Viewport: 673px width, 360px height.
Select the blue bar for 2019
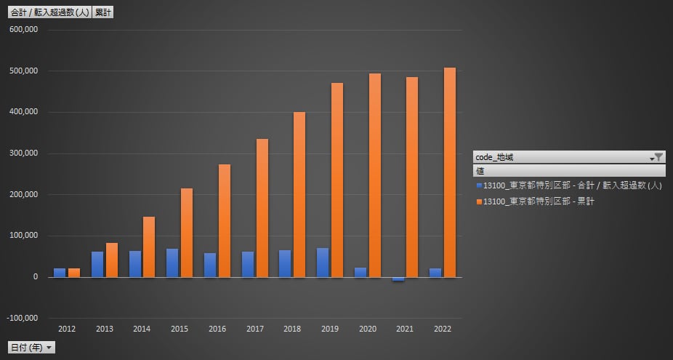[322, 263]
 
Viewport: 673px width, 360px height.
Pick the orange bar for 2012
[74, 273]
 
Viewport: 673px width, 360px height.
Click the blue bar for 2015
[172, 263]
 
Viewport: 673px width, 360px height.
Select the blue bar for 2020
[360, 272]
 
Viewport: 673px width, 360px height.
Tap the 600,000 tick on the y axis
[24, 30]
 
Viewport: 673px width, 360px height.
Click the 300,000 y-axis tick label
[24, 153]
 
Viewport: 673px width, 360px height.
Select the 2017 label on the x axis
[254, 329]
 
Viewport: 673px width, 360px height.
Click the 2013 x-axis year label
[105, 329]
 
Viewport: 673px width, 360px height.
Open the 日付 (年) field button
[31, 348]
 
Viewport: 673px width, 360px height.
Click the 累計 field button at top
[103, 12]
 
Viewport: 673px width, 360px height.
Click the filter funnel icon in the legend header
[658, 156]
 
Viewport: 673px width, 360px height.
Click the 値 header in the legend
[480, 171]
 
